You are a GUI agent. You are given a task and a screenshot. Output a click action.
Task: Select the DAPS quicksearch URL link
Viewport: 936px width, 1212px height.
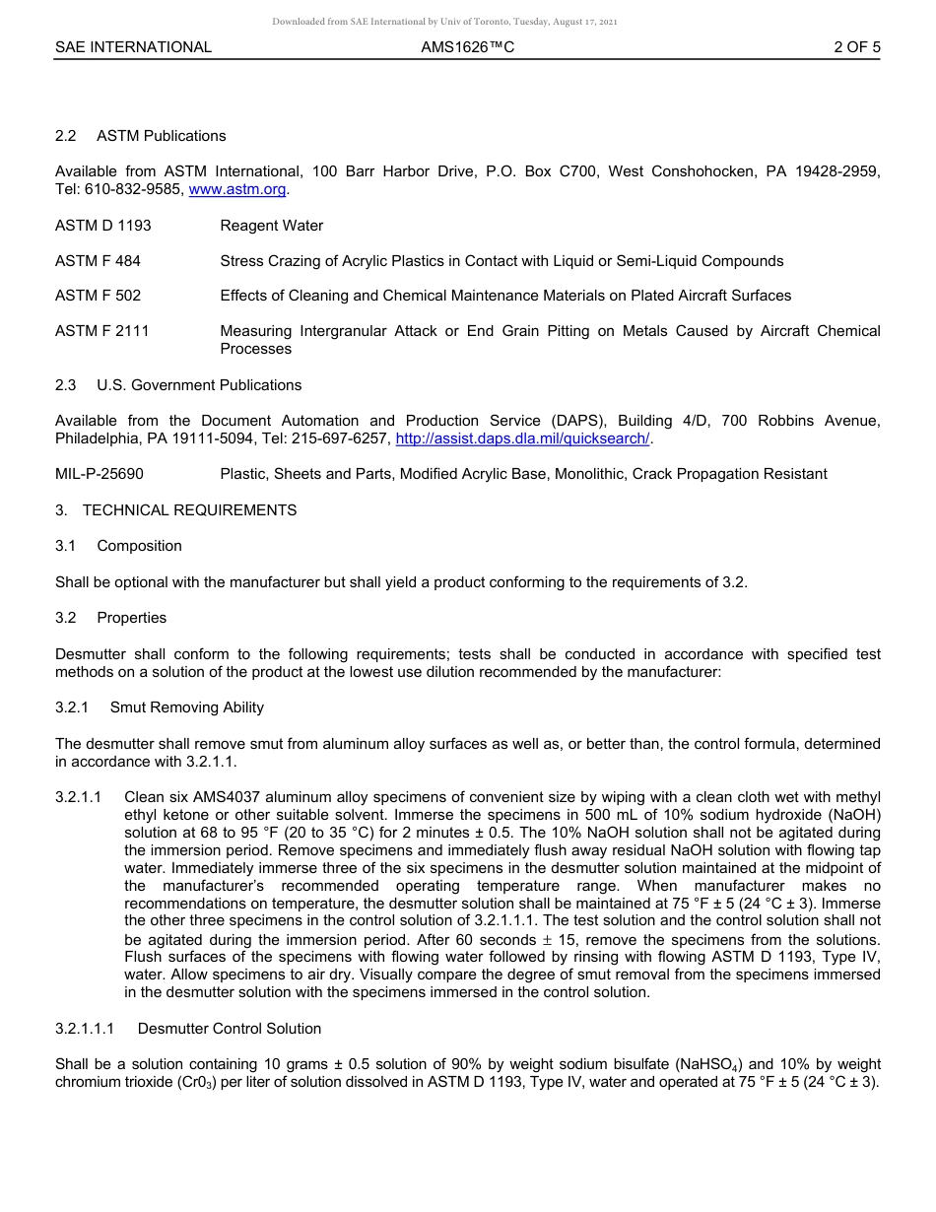coord(522,438)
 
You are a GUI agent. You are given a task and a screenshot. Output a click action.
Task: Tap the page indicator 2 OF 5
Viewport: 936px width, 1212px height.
coord(856,47)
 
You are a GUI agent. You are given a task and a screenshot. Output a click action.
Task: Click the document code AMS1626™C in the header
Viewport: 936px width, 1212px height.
coord(467,47)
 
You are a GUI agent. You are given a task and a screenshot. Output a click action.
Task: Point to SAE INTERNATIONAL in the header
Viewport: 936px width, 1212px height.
coord(133,47)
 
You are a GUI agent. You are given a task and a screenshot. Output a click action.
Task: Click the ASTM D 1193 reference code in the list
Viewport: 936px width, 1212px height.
coord(103,226)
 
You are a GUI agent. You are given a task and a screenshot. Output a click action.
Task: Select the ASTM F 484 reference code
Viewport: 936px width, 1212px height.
coord(98,261)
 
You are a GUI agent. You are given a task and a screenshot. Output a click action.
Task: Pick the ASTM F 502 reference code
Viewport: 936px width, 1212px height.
coord(98,296)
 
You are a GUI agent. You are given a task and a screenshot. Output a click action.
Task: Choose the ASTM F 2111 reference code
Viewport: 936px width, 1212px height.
coord(102,331)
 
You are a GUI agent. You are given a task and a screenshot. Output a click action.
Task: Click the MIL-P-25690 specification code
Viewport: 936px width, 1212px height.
coord(100,474)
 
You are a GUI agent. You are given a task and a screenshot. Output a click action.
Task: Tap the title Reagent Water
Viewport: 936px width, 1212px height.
coord(271,226)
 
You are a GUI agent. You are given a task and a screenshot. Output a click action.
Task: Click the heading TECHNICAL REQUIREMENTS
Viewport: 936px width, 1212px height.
coord(189,510)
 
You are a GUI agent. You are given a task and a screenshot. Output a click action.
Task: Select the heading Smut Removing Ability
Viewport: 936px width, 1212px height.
coord(187,707)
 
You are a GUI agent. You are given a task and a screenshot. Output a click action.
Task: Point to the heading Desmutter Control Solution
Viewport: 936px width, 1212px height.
coord(230,1029)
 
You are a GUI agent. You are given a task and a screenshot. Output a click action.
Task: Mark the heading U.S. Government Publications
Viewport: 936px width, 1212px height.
coord(199,385)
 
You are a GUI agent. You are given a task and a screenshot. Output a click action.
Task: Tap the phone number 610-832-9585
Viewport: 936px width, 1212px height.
coord(127,189)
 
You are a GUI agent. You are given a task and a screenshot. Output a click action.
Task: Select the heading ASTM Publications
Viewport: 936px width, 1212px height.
coord(162,136)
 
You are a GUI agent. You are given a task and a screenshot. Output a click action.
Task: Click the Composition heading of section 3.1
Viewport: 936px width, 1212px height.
coord(139,546)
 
